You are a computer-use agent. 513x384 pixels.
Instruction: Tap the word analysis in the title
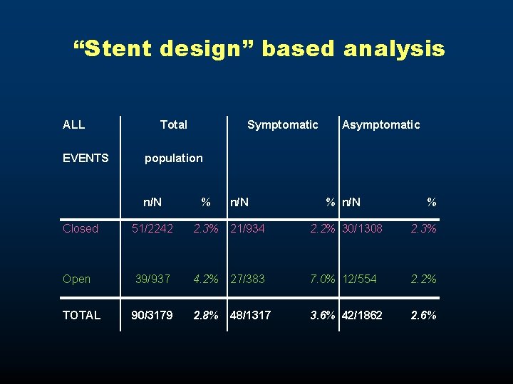[x=394, y=49]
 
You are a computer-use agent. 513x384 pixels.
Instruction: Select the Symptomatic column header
[x=282, y=125]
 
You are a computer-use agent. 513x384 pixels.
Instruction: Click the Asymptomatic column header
[x=381, y=125]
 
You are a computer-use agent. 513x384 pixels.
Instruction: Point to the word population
[x=173, y=158]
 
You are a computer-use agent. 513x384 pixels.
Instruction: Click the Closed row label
[x=81, y=228]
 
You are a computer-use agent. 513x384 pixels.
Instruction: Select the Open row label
[x=76, y=279]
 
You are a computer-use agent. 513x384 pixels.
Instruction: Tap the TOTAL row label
[x=81, y=315]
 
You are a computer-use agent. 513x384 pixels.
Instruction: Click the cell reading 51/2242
[x=152, y=228]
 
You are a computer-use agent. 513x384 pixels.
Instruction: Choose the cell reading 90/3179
[x=152, y=315]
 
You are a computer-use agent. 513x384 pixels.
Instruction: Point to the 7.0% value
[x=323, y=279]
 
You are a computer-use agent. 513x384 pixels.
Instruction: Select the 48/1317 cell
[x=250, y=315]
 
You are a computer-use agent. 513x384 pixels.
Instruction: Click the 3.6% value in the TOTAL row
[x=323, y=315]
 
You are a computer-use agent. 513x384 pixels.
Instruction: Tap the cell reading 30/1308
[x=363, y=228]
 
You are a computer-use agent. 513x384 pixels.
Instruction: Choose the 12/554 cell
[x=360, y=279]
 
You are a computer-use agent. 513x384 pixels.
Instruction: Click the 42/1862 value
[x=363, y=315]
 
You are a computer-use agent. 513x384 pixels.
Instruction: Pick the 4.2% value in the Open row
[x=206, y=279]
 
